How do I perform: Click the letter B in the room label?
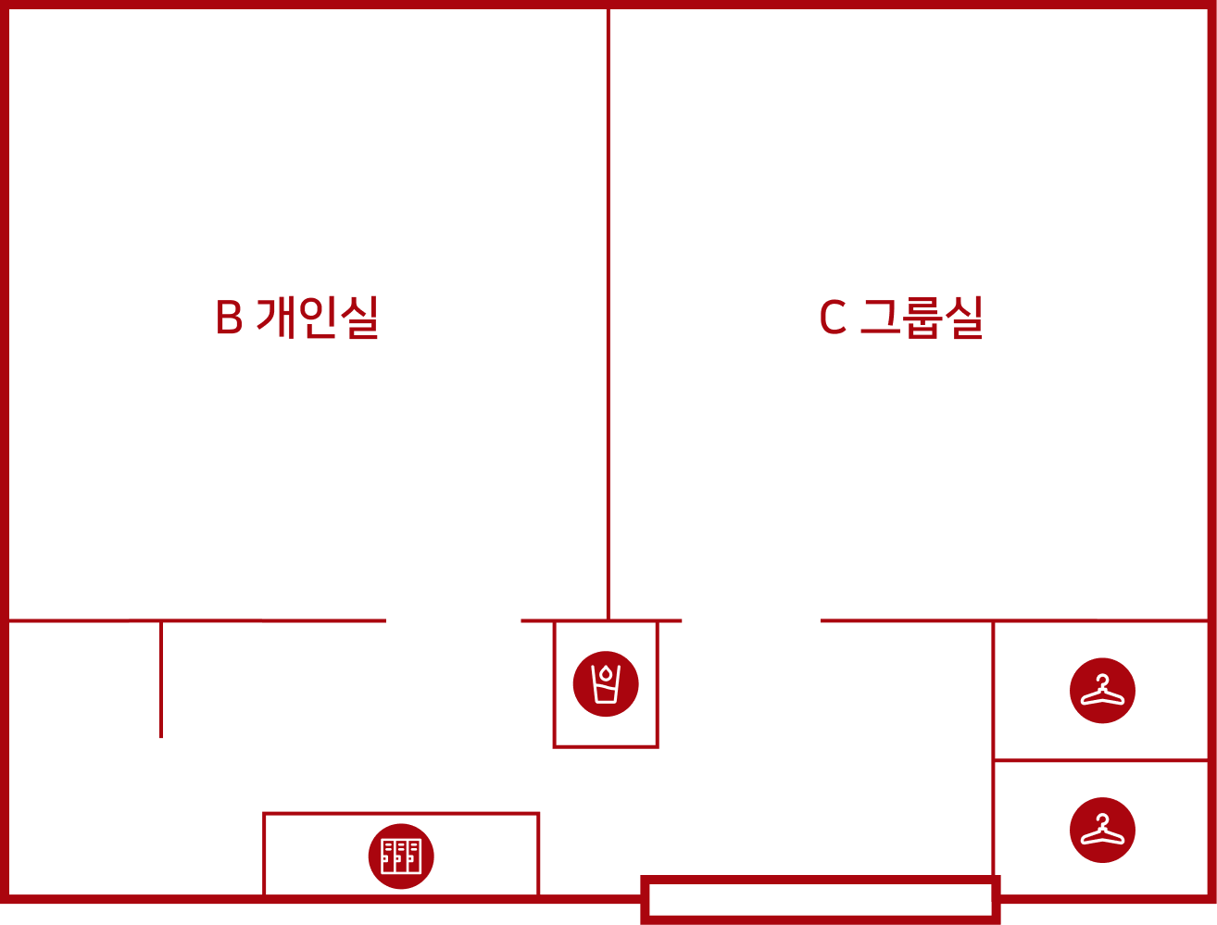(x=229, y=317)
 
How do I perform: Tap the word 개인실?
(x=317, y=317)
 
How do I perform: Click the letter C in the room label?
(x=833, y=317)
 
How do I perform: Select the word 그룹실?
(x=922, y=317)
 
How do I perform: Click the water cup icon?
(x=606, y=684)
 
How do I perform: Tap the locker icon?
(x=401, y=856)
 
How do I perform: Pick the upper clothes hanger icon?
(x=1102, y=691)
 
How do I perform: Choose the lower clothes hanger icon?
(x=1102, y=831)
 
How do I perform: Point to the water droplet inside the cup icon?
(x=606, y=674)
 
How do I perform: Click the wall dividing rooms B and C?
(x=608, y=314)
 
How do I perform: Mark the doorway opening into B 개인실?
(x=454, y=620)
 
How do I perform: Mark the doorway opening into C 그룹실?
(x=751, y=620)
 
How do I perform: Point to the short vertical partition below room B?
(x=161, y=679)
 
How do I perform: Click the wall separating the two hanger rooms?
(x=1101, y=760)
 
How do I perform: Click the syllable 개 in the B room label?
(x=274, y=317)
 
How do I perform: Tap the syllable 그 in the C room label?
(x=881, y=316)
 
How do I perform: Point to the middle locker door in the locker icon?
(x=401, y=856)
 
